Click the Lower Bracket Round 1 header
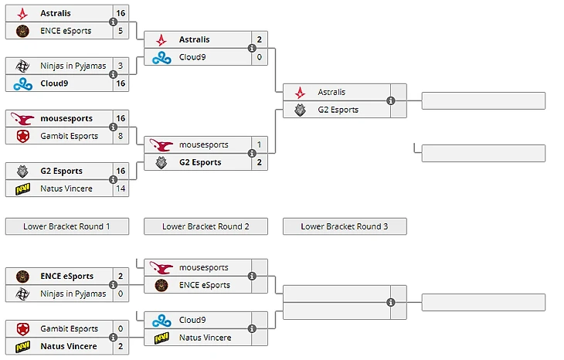pyautogui.click(x=66, y=226)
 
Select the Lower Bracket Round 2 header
pyautogui.click(x=206, y=226)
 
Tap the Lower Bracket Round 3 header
pyautogui.click(x=345, y=226)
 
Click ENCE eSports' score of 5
pyautogui.click(x=121, y=31)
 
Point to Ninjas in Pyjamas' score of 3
pyautogui.click(x=121, y=66)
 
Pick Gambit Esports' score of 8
pyautogui.click(x=121, y=136)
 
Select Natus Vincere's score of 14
pyautogui.click(x=121, y=188)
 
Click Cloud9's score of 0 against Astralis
pyautogui.click(x=260, y=57)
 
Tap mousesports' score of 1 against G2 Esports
pyautogui.click(x=260, y=144)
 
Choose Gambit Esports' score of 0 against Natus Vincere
pyautogui.click(x=121, y=329)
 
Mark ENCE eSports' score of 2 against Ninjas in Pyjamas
pyautogui.click(x=121, y=276)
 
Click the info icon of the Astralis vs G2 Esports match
pyautogui.click(x=391, y=100)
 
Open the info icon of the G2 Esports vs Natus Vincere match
pyautogui.click(x=114, y=179)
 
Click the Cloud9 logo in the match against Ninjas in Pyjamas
pyautogui.click(x=22, y=83)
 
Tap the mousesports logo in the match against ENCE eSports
pyautogui.click(x=161, y=267)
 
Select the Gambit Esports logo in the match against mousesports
pyautogui.click(x=22, y=136)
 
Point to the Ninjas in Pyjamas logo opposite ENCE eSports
pyautogui.click(x=22, y=294)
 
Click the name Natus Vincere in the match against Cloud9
pyautogui.click(x=205, y=338)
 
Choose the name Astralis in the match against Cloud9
pyautogui.click(x=194, y=39)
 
